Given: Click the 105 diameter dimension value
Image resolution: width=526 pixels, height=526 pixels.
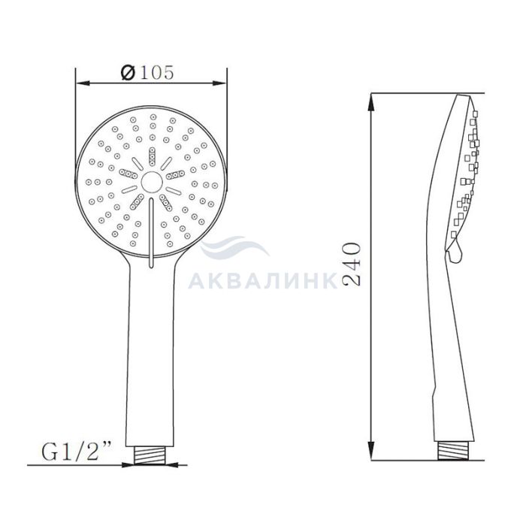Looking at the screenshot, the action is [156, 72].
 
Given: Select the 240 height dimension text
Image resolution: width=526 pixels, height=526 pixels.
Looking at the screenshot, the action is [352, 265].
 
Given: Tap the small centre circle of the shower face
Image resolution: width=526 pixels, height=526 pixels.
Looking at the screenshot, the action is [152, 182].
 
